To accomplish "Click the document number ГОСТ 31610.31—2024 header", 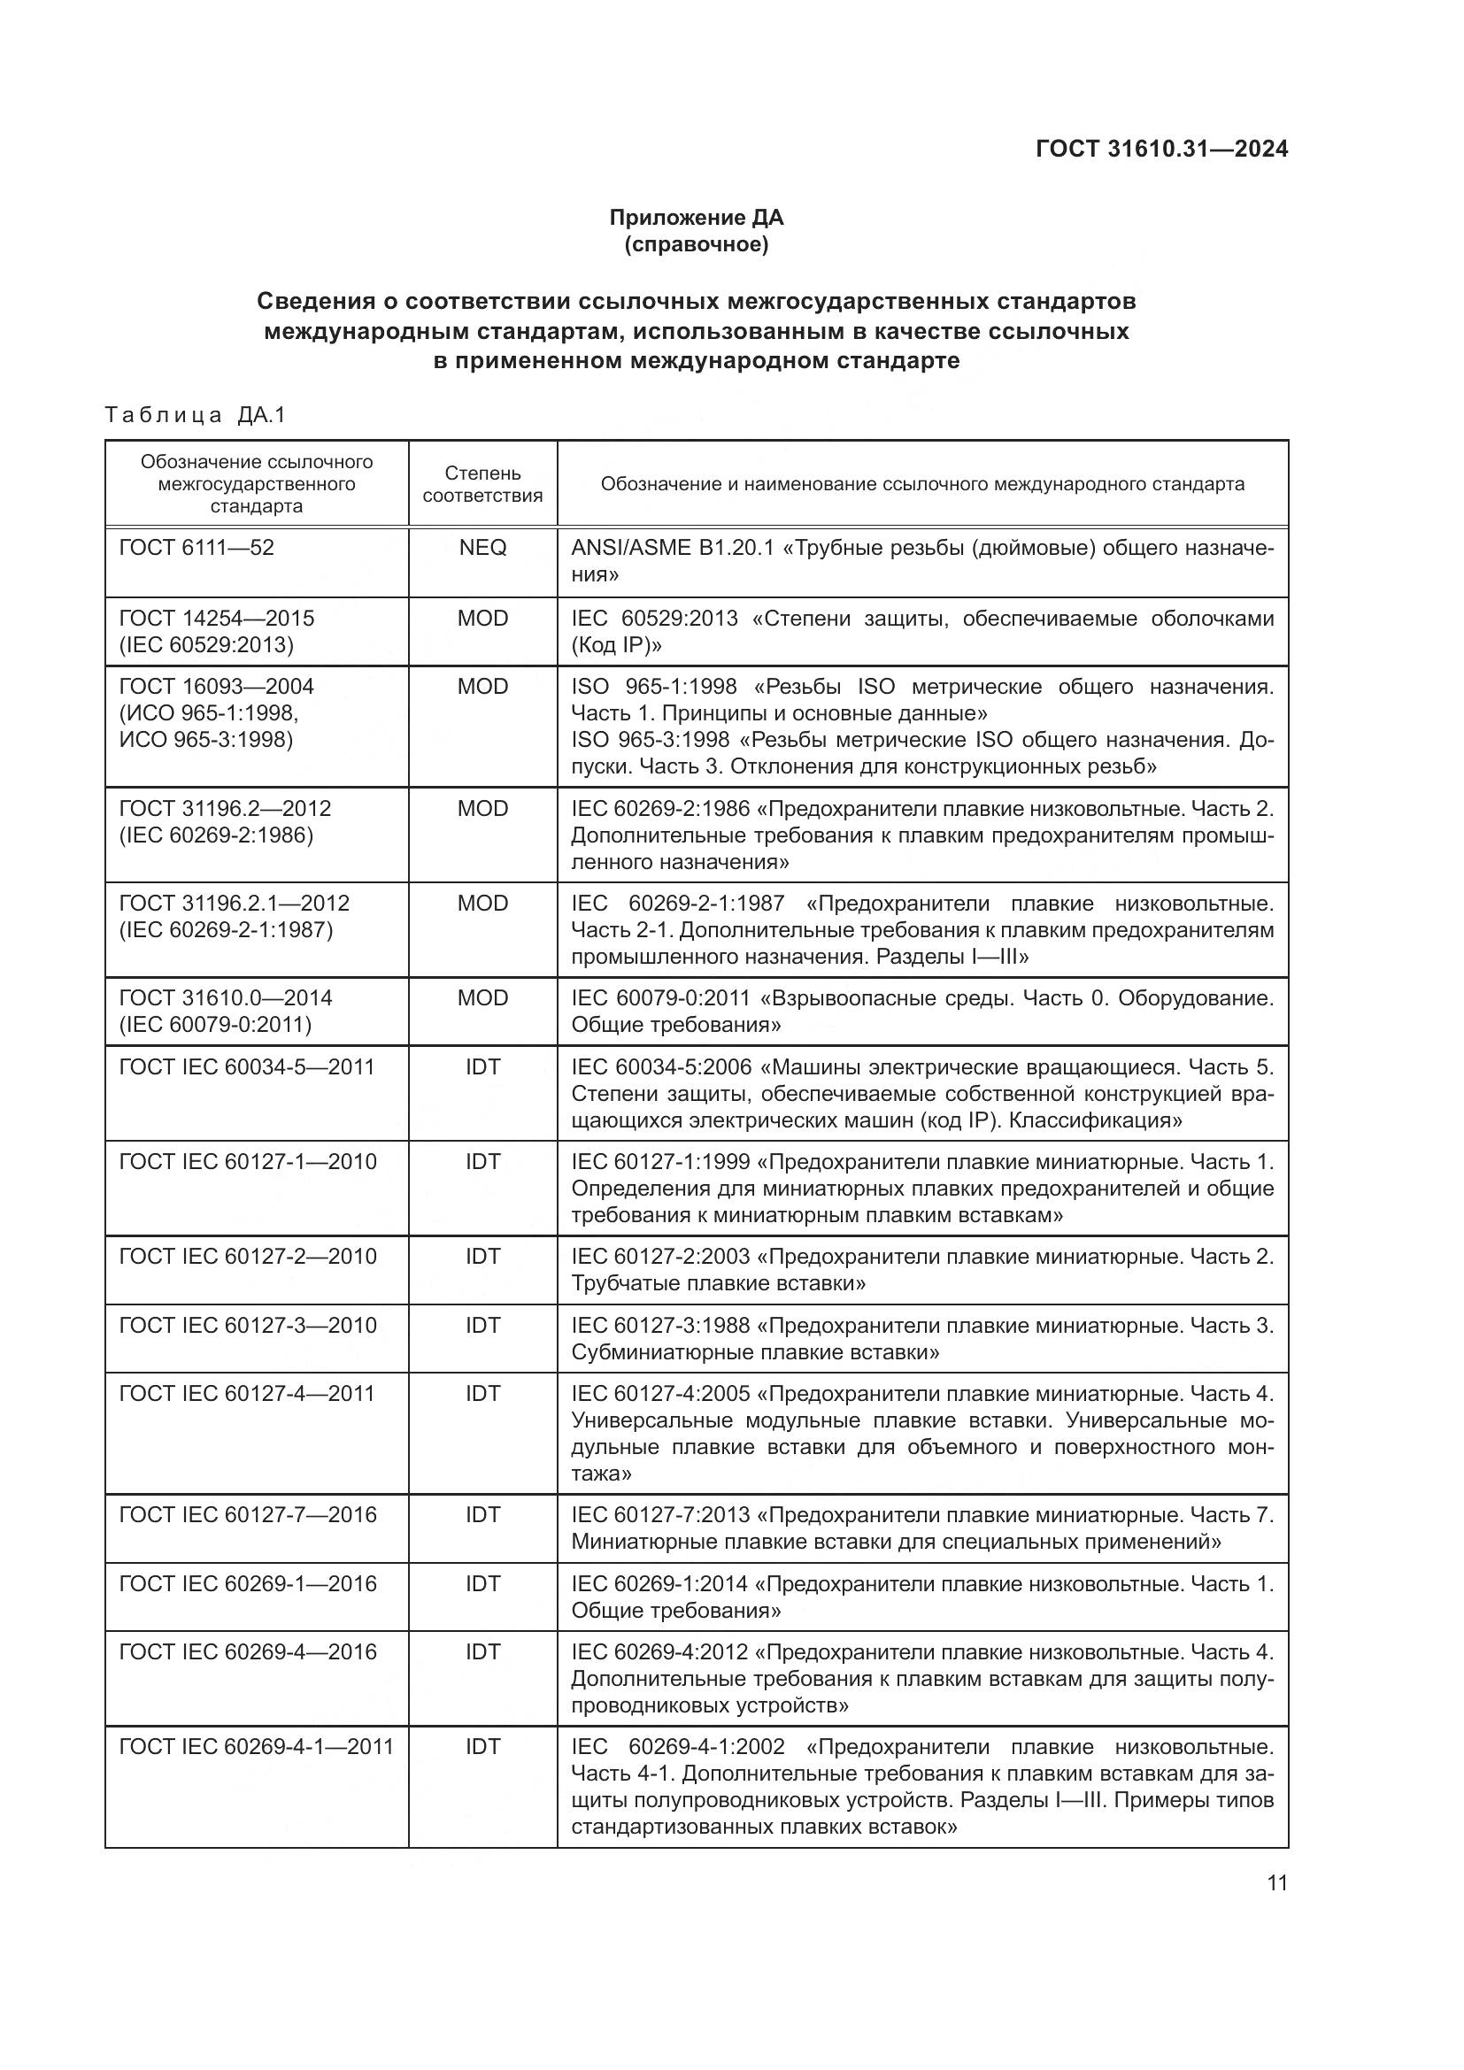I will [1161, 149].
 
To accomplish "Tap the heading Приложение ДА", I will [696, 218].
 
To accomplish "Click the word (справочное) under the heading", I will [696, 244].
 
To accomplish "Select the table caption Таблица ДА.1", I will [195, 415].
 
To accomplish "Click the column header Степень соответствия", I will [482, 484].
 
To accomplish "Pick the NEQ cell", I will [482, 548].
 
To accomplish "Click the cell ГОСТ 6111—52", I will [196, 548].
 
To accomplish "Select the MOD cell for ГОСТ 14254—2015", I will [482, 619].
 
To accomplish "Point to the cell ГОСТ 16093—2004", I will [216, 687].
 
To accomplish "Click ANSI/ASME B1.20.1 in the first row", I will [673, 548].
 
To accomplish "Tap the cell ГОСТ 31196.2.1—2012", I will [235, 904].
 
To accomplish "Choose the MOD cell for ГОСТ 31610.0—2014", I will [482, 998].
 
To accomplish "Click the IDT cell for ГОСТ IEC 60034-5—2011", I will [482, 1067].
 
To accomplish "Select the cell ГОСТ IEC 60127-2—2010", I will [248, 1257].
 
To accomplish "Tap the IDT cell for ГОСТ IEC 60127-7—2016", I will [482, 1514].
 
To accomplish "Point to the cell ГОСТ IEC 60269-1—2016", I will [248, 1584].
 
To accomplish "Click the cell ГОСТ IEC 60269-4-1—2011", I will [256, 1746].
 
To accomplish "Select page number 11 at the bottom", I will [1276, 1882].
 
